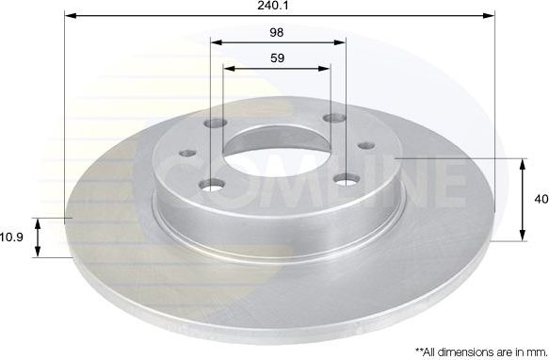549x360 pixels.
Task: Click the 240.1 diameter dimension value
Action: (x=277, y=6)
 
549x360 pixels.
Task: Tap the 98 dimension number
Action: (x=277, y=31)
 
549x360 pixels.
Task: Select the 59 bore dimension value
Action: (x=277, y=57)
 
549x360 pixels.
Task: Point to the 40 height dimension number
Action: (x=540, y=199)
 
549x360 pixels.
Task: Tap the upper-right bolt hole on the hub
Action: (x=331, y=119)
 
